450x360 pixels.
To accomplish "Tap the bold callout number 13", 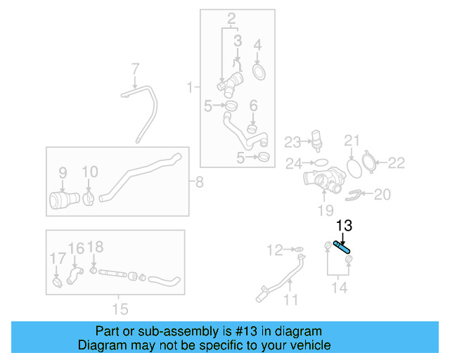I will point(344,226).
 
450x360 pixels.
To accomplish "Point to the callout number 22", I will point(397,163).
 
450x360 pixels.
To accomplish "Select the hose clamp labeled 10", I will point(89,200).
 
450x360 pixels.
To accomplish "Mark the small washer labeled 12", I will point(298,250).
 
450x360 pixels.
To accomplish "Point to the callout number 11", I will point(290,300).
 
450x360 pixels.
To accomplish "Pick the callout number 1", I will point(189,87).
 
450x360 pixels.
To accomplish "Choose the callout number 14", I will point(339,287).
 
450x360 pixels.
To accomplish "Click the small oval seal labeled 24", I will point(319,162).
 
